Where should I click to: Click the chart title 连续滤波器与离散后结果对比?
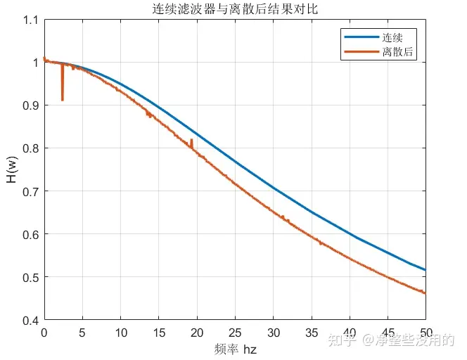click(x=235, y=9)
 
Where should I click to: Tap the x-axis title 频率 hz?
click(x=235, y=349)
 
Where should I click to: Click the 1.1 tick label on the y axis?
click(x=29, y=20)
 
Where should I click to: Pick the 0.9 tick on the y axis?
click(x=29, y=106)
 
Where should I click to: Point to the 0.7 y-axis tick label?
click(x=29, y=192)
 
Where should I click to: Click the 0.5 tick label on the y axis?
click(x=29, y=278)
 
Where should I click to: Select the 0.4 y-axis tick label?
click(x=29, y=321)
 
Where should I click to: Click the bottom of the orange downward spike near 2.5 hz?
click(x=63, y=100)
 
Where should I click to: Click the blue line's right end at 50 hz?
click(x=426, y=270)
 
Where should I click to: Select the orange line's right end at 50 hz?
click(x=426, y=293)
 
